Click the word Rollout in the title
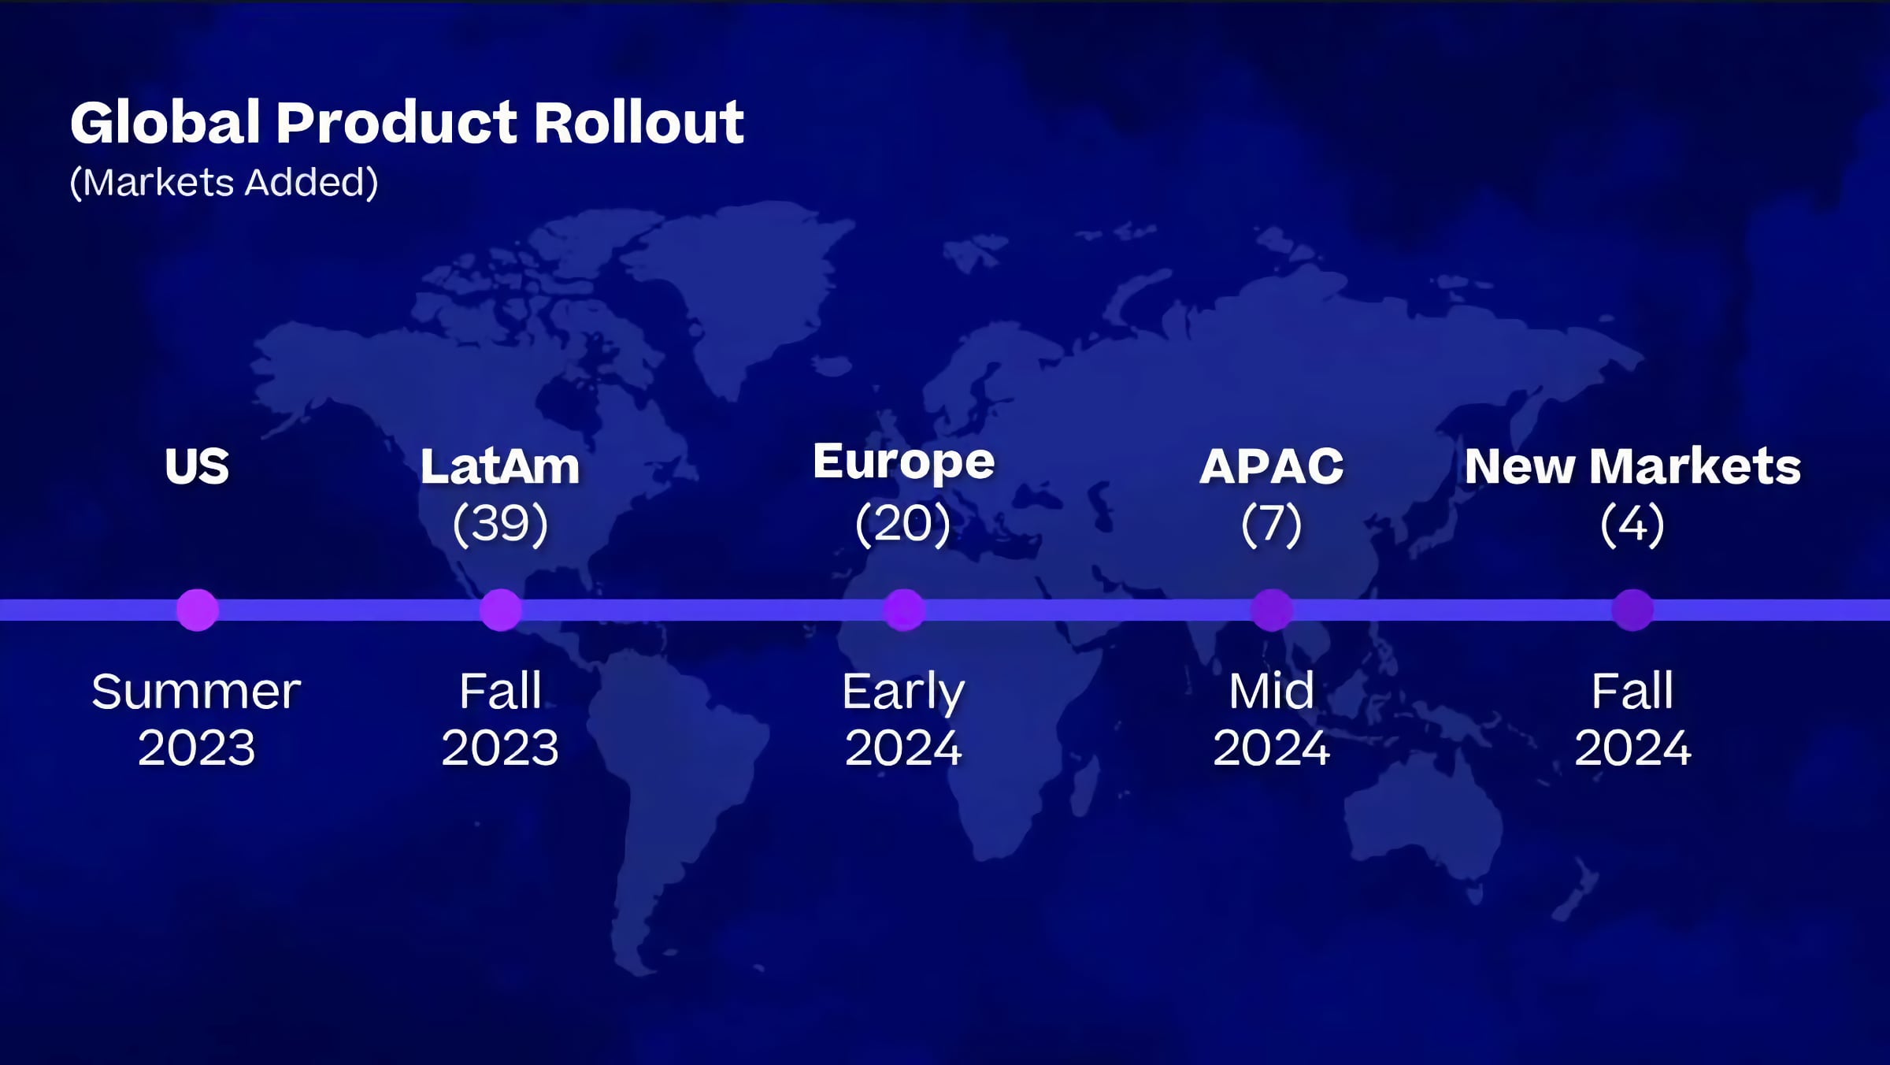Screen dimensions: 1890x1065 [x=639, y=123]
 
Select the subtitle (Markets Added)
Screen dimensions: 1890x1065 [x=224, y=183]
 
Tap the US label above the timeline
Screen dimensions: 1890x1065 [x=197, y=466]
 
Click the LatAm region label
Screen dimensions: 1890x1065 [x=500, y=466]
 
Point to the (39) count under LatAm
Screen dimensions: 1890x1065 [x=500, y=524]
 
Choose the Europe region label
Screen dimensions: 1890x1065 [x=904, y=463]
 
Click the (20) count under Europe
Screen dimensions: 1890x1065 [x=903, y=524]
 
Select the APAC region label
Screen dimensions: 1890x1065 [x=1272, y=466]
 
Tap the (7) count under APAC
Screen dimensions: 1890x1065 [x=1272, y=524]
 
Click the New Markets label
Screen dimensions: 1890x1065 [x=1632, y=466]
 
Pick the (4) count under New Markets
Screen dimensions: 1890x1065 [x=1632, y=524]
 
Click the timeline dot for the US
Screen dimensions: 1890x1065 [x=197, y=610]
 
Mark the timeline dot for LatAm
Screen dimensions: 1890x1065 [x=500, y=610]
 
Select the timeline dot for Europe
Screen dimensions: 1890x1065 [x=903, y=610]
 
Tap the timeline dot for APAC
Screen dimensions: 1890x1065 [x=1272, y=610]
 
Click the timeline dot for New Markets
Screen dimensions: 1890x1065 [x=1632, y=610]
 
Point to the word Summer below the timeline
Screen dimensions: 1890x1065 [x=196, y=692]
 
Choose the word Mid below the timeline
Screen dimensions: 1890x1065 [x=1272, y=691]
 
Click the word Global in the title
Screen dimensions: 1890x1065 [x=165, y=123]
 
